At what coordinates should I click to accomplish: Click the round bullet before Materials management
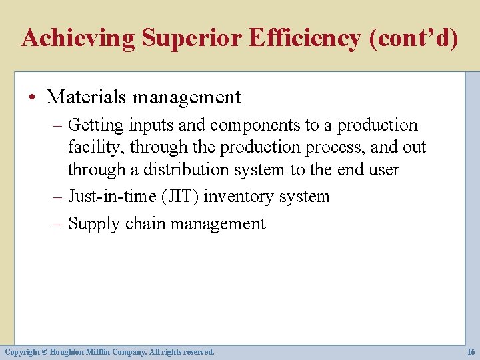click(x=33, y=97)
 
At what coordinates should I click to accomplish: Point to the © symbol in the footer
click(x=47, y=351)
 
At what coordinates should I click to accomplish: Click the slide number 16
click(x=471, y=351)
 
